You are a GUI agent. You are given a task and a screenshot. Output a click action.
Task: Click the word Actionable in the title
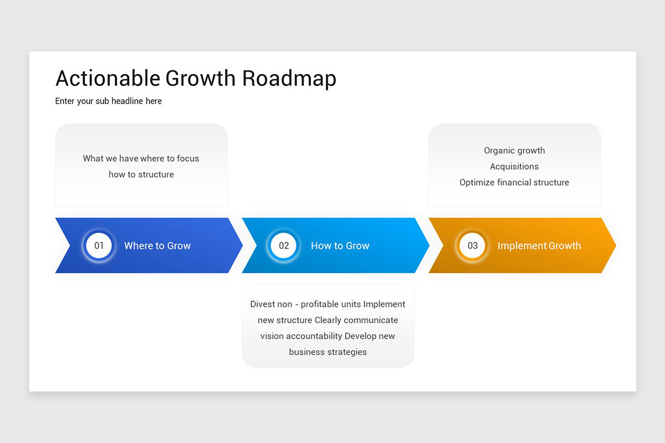(x=108, y=79)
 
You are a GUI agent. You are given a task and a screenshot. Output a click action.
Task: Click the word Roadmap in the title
(x=289, y=79)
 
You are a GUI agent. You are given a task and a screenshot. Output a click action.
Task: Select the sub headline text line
(x=109, y=101)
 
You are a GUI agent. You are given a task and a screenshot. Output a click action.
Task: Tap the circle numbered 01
(x=99, y=246)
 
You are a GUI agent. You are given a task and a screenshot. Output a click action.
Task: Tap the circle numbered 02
(x=284, y=246)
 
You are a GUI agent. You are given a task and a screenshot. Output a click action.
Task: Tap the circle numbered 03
(x=472, y=246)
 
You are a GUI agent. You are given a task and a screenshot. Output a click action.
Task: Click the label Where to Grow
(x=157, y=246)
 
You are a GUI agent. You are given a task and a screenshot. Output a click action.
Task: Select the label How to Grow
(x=340, y=246)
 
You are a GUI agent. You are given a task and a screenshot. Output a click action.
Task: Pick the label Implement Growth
(x=539, y=246)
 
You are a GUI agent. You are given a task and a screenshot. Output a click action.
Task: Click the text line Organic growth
(x=514, y=151)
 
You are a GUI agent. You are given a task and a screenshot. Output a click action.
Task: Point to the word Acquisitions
(x=514, y=167)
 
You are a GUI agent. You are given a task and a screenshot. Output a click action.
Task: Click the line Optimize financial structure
(x=514, y=183)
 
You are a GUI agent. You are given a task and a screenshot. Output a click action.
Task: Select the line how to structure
(x=141, y=174)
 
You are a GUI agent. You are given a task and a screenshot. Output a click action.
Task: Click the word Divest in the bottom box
(x=263, y=304)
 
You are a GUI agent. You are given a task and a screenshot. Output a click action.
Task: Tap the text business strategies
(x=328, y=352)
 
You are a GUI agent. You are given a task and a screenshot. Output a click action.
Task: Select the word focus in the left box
(x=188, y=158)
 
